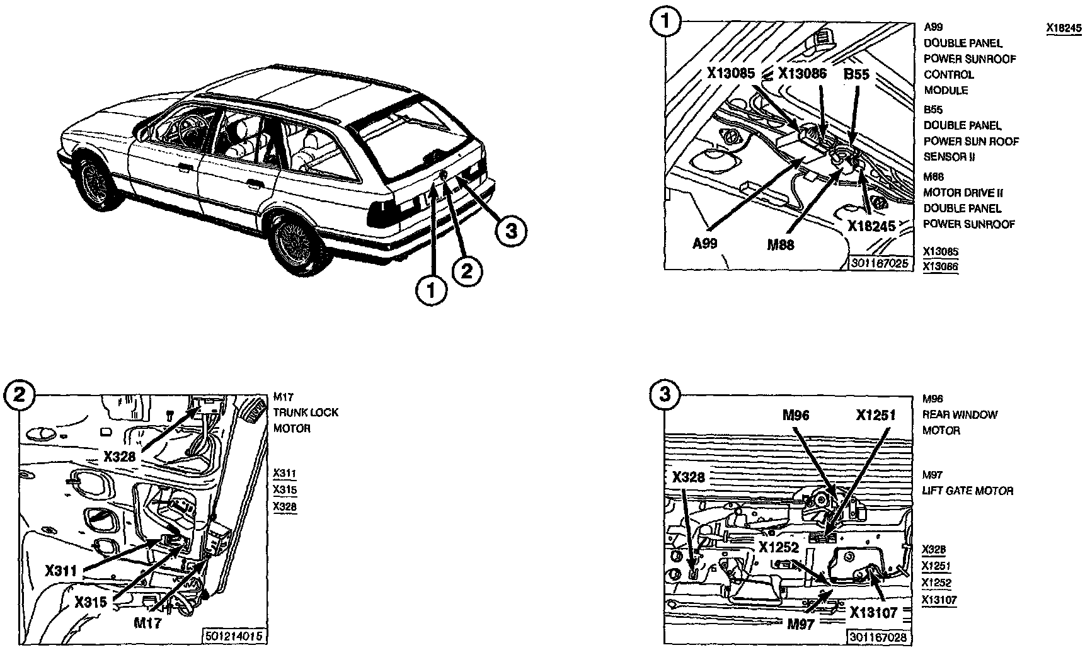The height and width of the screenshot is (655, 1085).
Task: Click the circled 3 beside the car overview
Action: (x=510, y=231)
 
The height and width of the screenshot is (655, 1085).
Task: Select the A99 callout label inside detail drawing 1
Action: (x=705, y=243)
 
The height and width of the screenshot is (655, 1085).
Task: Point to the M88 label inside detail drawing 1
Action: (x=780, y=245)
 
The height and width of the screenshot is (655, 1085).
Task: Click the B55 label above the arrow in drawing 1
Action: (x=856, y=74)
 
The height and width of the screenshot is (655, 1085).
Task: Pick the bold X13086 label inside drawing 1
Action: (x=802, y=73)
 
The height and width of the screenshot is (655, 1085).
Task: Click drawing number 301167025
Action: (x=880, y=263)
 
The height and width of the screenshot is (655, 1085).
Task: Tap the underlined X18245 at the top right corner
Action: (x=1064, y=28)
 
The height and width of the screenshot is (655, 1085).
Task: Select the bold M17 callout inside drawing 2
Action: (x=147, y=623)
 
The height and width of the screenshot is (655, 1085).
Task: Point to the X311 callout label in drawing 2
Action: (x=61, y=571)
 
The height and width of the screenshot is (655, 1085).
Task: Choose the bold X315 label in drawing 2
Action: (x=91, y=601)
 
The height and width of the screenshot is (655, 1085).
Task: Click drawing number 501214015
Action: (x=234, y=636)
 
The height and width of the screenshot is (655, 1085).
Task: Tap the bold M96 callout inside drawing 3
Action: (x=796, y=415)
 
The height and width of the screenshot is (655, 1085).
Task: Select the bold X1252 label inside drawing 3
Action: (x=779, y=547)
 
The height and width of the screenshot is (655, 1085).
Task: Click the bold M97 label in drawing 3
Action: (x=800, y=624)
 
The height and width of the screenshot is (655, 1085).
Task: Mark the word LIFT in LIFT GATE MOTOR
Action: (x=934, y=491)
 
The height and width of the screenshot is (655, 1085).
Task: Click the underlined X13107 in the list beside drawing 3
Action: (x=939, y=600)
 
